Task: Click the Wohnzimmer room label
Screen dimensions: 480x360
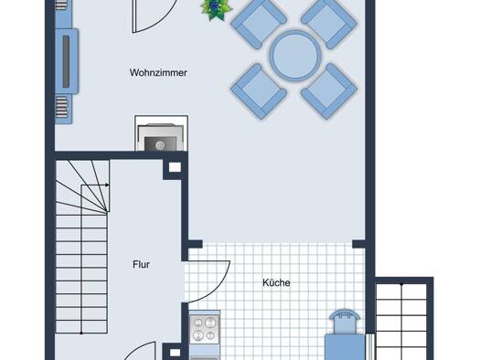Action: [158, 72]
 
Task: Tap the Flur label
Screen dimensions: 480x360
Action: [141, 265]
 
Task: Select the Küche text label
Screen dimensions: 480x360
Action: [276, 282]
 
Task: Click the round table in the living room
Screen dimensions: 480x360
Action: [294, 56]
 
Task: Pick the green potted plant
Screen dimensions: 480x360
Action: [216, 9]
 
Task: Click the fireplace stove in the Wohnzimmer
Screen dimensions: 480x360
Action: [161, 133]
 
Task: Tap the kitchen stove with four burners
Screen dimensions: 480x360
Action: [205, 329]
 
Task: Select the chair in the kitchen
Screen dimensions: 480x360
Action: [345, 335]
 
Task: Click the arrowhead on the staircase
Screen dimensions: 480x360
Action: [107, 185]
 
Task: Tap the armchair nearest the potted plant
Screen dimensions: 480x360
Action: [259, 25]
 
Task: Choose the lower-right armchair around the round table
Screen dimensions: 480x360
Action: [329, 90]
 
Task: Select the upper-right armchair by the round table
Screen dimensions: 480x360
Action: [329, 23]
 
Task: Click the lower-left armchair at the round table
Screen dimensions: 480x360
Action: [259, 90]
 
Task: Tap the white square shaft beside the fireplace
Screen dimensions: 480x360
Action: [175, 167]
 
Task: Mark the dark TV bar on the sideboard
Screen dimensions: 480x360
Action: [66, 61]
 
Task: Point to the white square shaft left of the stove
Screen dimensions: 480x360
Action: [175, 353]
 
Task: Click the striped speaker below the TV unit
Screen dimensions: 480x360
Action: [61, 107]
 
